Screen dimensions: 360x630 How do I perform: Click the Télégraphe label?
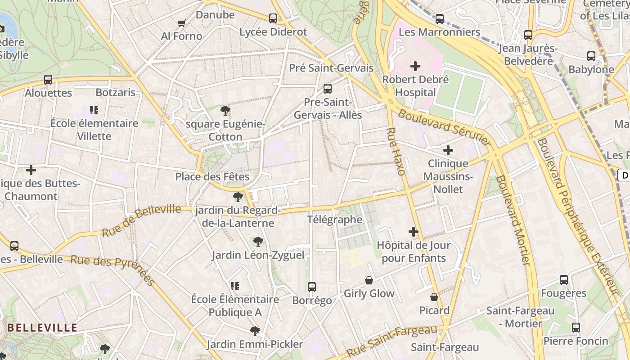(334, 220)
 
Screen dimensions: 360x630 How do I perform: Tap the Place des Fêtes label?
(212, 176)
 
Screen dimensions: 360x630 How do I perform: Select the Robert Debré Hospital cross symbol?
(415, 67)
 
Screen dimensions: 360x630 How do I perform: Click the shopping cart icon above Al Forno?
(181, 23)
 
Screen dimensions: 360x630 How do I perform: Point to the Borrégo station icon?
(311, 287)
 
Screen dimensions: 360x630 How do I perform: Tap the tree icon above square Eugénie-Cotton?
(225, 110)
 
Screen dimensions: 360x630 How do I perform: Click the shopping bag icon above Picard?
(434, 297)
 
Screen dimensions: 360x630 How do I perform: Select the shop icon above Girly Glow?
(369, 280)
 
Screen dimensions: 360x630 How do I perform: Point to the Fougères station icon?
(563, 280)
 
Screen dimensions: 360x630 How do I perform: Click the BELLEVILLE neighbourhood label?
(43, 328)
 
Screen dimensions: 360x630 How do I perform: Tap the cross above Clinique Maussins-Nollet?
(448, 150)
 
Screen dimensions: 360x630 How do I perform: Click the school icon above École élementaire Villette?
(94, 110)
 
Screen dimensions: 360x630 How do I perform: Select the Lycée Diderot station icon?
(273, 18)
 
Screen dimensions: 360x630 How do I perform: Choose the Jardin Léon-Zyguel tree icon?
(258, 242)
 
